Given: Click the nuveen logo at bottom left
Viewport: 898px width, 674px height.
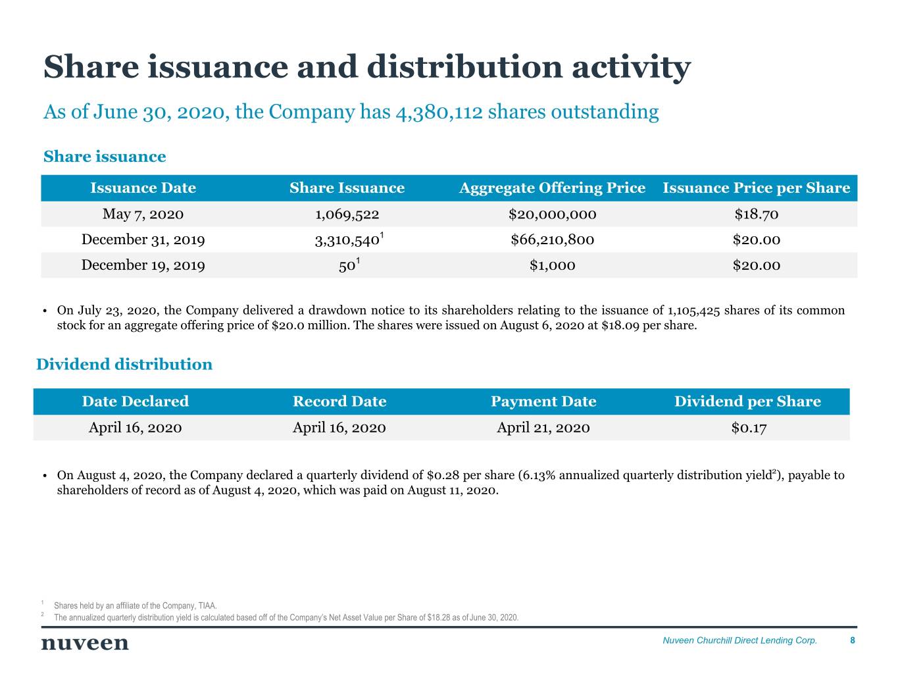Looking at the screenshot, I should (x=85, y=643).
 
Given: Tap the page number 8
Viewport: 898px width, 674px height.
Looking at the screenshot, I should (x=853, y=640).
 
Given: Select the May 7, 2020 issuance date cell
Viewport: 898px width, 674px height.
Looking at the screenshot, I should (x=143, y=214).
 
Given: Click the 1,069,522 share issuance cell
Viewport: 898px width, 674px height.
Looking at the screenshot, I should (x=347, y=214).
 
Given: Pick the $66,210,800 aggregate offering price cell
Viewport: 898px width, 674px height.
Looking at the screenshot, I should (x=552, y=240).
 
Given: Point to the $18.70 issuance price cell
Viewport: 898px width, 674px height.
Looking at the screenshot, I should (x=757, y=214).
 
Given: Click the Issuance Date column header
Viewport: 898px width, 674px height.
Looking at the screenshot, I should (x=143, y=188).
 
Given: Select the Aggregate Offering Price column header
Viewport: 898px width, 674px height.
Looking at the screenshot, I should (x=552, y=188).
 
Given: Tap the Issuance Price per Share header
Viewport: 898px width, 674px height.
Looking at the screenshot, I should (x=757, y=188).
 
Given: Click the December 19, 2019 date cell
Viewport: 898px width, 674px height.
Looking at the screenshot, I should (x=143, y=265).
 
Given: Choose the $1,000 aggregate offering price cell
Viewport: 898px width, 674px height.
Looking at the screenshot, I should (x=552, y=265).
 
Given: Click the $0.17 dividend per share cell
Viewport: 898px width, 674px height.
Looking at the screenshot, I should (x=749, y=428).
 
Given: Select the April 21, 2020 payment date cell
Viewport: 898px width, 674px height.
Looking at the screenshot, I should (x=543, y=428).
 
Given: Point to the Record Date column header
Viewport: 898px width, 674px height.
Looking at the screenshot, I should (x=339, y=402).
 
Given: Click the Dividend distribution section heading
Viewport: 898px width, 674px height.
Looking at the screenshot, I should (x=124, y=365).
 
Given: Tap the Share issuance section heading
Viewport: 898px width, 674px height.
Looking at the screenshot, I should (x=105, y=157).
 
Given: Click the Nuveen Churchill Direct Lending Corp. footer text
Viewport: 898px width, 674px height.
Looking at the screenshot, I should (x=739, y=640).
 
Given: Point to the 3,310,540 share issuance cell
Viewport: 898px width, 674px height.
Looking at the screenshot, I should (x=347, y=240).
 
